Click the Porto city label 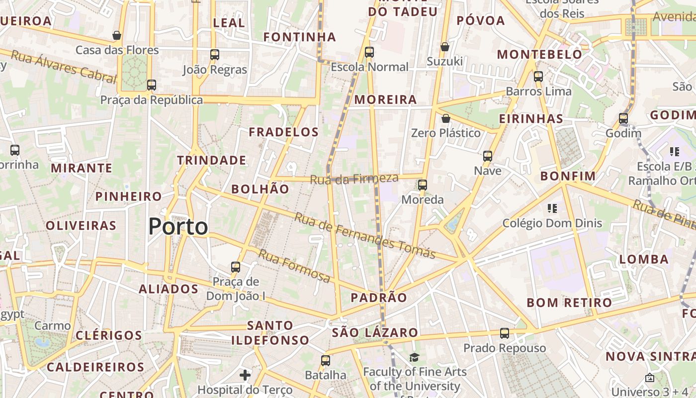click(x=178, y=227)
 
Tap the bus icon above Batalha click(x=326, y=361)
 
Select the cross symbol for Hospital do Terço click(x=245, y=375)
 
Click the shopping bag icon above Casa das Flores click(x=117, y=35)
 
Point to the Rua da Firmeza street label click(x=354, y=179)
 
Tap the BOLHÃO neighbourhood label click(x=260, y=189)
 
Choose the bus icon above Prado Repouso click(x=505, y=333)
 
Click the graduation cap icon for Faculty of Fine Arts click(x=414, y=357)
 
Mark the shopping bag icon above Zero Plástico click(x=446, y=118)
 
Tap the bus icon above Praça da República click(x=152, y=85)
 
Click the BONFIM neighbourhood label click(x=568, y=176)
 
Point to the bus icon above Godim click(x=623, y=118)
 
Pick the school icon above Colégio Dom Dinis click(x=552, y=208)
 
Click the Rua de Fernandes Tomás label click(x=365, y=235)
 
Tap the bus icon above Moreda click(x=423, y=185)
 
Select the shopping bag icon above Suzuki click(x=445, y=47)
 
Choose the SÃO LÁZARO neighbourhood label click(x=375, y=332)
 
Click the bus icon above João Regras click(x=215, y=55)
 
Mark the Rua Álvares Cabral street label click(x=63, y=66)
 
